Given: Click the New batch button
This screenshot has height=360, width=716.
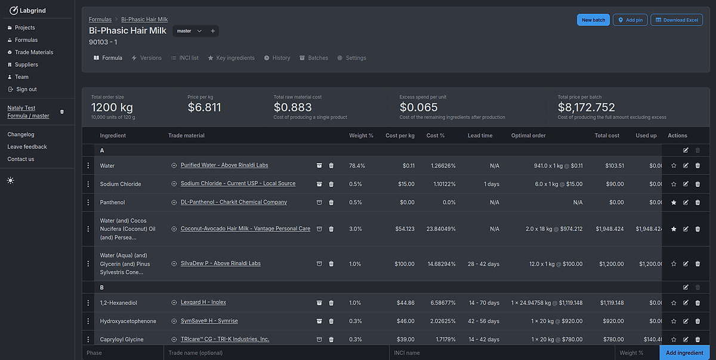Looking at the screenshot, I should pyautogui.click(x=593, y=20).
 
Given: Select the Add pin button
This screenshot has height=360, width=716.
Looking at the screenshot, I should pyautogui.click(x=630, y=20).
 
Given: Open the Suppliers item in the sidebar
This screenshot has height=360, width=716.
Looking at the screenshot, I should pyautogui.click(x=26, y=64).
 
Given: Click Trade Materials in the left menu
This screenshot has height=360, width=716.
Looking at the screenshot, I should pyautogui.click(x=34, y=52).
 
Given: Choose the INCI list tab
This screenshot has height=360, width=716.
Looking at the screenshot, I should pyautogui.click(x=184, y=58).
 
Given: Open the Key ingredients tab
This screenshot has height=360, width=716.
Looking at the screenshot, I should pyautogui.click(x=231, y=58).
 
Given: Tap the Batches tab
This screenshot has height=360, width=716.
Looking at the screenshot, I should pyautogui.click(x=314, y=58).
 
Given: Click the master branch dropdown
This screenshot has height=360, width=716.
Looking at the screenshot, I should pyautogui.click(x=190, y=31).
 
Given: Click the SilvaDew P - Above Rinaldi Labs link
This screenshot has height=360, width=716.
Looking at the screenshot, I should pyautogui.click(x=220, y=263).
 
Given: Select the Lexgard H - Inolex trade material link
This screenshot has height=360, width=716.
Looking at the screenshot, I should pyautogui.click(x=203, y=303).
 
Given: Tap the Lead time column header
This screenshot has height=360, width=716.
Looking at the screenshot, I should pyautogui.click(x=480, y=136).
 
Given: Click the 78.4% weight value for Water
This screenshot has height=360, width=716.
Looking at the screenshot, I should pyautogui.click(x=357, y=165).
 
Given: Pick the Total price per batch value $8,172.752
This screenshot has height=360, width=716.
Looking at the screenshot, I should pyautogui.click(x=586, y=107).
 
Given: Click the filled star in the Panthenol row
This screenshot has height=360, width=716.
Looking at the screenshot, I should pyautogui.click(x=674, y=202).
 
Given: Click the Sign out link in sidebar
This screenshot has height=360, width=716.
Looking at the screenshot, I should pyautogui.click(x=26, y=89).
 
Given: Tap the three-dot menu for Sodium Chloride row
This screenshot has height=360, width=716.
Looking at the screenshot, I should pyautogui.click(x=88, y=184).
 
